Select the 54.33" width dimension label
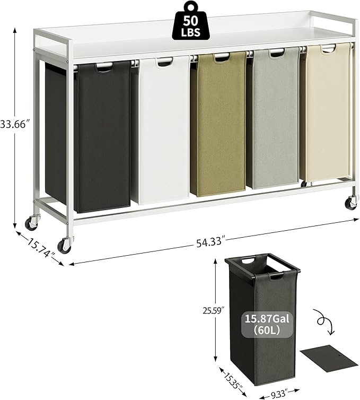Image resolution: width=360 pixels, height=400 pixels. (x=209, y=243)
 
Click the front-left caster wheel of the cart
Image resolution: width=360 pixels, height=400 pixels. (x=64, y=245)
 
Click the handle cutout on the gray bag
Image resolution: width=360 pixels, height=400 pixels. (x=277, y=53)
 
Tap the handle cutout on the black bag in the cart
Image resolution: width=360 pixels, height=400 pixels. (x=104, y=67)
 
